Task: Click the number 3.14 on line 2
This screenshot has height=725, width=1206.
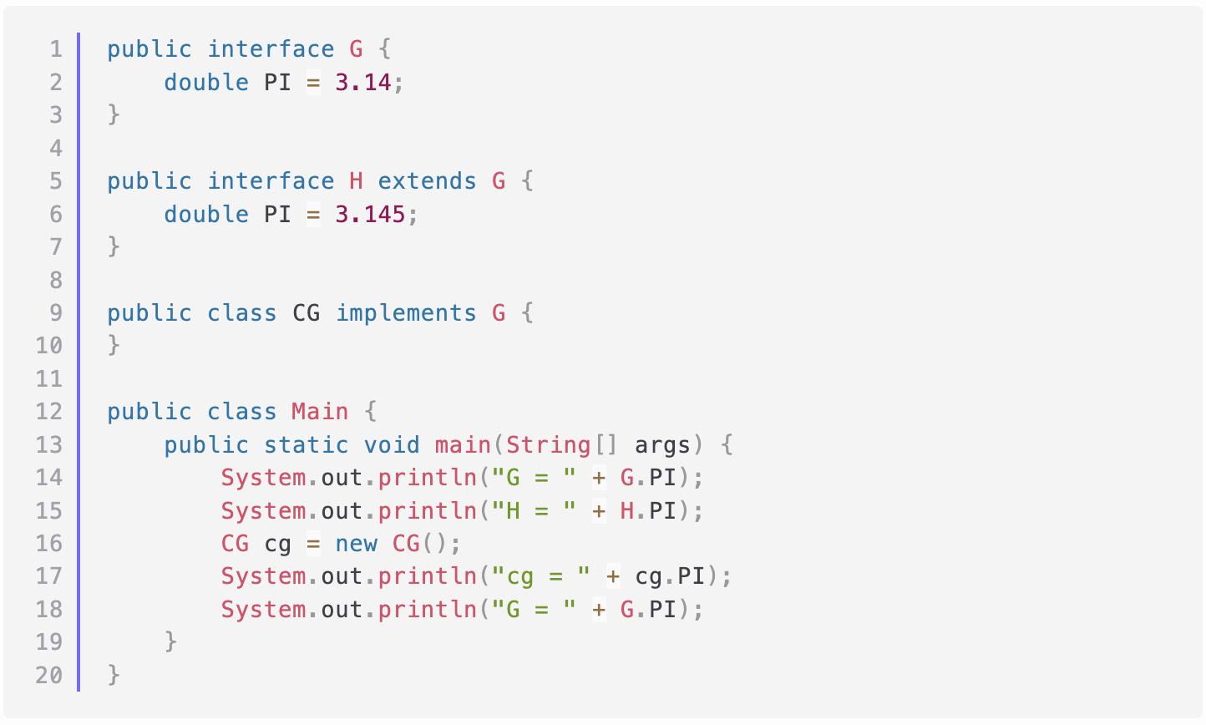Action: coord(362,82)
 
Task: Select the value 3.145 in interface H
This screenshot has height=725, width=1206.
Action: coord(370,214)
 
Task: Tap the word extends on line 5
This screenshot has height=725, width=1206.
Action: coord(427,181)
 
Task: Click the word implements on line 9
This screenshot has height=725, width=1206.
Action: coord(406,313)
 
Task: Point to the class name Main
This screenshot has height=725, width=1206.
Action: coord(319,412)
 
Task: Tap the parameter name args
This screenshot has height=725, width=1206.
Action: coord(662,444)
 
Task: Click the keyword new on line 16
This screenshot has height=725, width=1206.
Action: coord(356,544)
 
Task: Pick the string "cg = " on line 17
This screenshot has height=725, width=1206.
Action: coord(540,576)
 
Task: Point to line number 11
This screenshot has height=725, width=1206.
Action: coord(48,379)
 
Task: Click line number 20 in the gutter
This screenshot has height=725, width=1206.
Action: coord(48,675)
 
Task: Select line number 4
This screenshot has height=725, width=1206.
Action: coord(56,149)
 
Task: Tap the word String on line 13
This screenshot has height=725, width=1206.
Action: coord(548,444)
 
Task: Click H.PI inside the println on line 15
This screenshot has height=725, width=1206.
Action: coord(647,510)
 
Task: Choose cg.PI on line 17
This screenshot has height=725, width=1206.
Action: coord(670,576)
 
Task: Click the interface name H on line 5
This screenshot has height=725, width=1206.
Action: coord(356,181)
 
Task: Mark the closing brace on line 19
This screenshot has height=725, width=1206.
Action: coord(171,641)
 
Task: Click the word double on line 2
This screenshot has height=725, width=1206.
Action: coord(205,82)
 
